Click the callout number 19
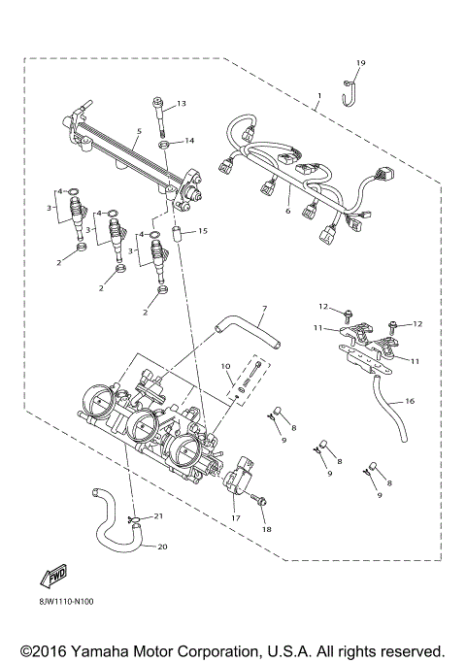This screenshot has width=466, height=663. [360, 63]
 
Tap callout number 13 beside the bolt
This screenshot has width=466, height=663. [181, 104]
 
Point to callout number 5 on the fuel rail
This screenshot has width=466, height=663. [140, 131]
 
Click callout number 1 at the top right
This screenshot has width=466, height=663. [318, 97]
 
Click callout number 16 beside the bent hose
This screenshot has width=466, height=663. [409, 400]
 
